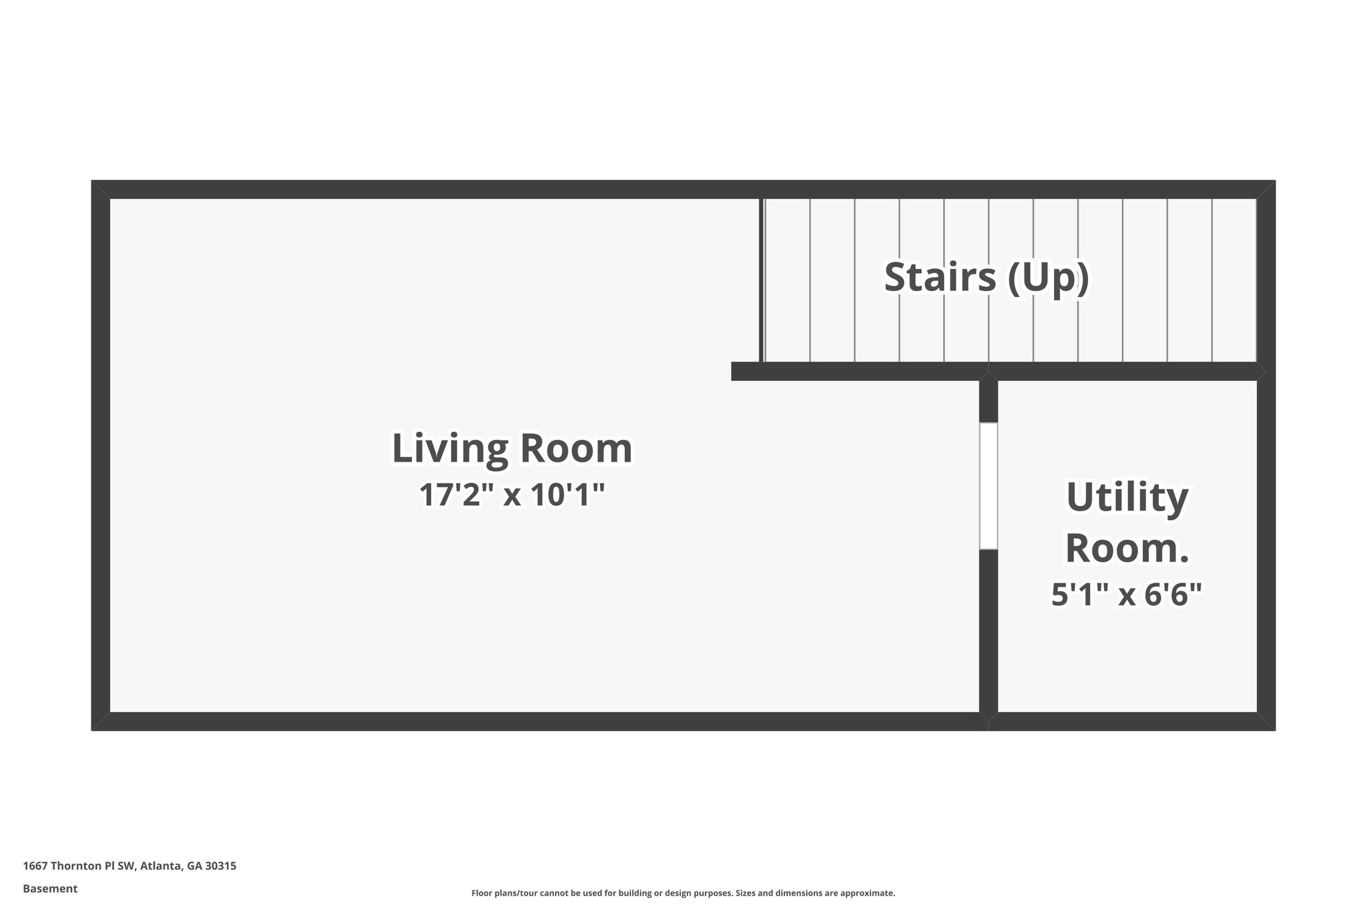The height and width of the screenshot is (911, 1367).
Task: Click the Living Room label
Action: click(x=511, y=448)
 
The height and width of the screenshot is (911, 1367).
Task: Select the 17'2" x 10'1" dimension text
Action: click(x=511, y=495)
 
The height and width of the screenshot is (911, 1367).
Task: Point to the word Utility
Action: click(x=1127, y=498)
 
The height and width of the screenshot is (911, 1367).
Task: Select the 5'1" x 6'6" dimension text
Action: click(x=1127, y=594)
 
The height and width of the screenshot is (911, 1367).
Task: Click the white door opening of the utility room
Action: click(x=989, y=486)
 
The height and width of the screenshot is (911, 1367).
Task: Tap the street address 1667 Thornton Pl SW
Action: click(x=79, y=866)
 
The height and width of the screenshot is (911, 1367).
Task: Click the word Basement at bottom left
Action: click(x=50, y=889)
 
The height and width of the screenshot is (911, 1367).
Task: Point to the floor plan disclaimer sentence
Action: click(x=683, y=893)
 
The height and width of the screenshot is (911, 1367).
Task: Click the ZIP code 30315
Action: click(x=220, y=866)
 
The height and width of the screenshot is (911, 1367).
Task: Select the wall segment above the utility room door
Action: click(x=989, y=401)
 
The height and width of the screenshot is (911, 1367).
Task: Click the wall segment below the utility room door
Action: click(x=989, y=631)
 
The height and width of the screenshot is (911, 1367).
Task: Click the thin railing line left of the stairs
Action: click(x=761, y=280)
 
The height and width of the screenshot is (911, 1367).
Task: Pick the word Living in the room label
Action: click(x=451, y=448)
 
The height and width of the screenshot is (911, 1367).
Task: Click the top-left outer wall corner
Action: click(x=100, y=189)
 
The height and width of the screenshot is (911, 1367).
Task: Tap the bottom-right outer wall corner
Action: click(x=1266, y=721)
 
